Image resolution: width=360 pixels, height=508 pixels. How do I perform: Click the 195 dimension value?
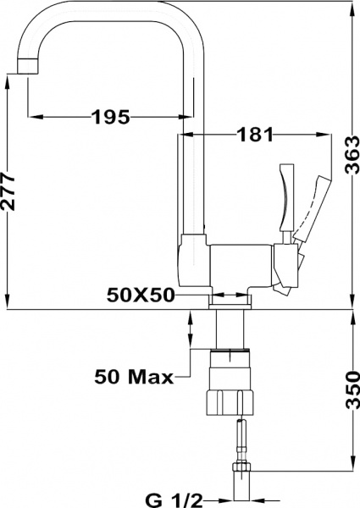click(x=111, y=117)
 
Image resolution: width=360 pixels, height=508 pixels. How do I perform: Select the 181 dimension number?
click(x=255, y=134)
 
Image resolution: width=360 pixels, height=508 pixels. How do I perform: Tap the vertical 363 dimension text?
click(x=352, y=156)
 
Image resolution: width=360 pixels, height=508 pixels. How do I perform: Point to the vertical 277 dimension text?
click(x=8, y=191)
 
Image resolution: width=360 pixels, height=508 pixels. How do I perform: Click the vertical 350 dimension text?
click(x=352, y=390)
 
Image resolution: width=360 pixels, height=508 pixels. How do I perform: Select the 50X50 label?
click(x=141, y=295)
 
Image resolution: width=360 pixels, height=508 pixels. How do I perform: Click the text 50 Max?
click(x=134, y=377)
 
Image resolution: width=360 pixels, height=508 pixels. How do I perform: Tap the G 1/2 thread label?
click(x=174, y=500)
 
